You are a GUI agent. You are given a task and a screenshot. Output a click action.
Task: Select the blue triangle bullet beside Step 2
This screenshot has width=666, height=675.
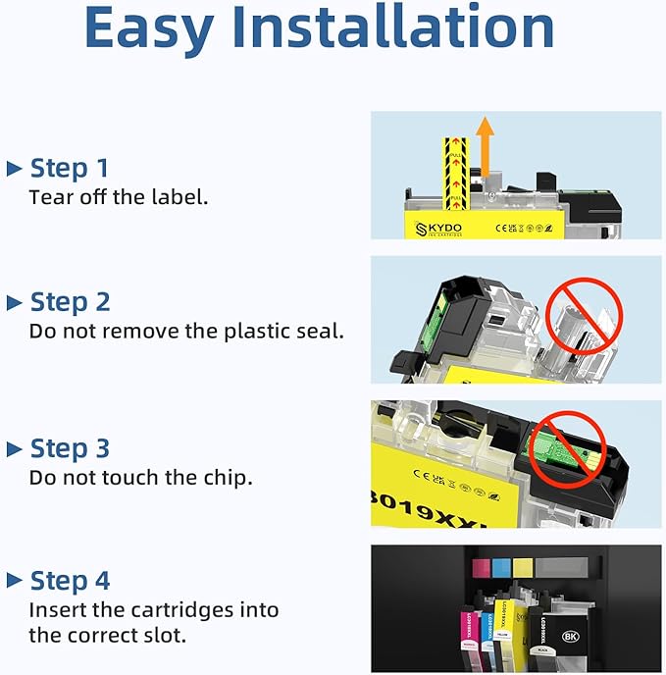(x=14, y=302)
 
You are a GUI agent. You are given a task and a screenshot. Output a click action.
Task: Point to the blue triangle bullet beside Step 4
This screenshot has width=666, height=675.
(x=14, y=582)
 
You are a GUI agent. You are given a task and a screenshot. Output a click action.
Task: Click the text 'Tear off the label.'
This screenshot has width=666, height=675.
(x=119, y=197)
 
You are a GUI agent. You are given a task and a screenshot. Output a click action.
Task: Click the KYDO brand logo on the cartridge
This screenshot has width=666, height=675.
(x=437, y=228)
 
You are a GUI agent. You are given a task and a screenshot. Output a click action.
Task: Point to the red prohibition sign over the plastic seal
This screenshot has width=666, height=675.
(x=583, y=315)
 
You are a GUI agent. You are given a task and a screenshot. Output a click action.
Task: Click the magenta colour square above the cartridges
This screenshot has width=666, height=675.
(x=481, y=568)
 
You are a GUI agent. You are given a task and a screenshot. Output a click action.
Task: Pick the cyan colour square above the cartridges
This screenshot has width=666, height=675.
(x=501, y=568)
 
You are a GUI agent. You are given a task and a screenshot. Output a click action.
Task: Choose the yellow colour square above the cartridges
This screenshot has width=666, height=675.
(x=522, y=568)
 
